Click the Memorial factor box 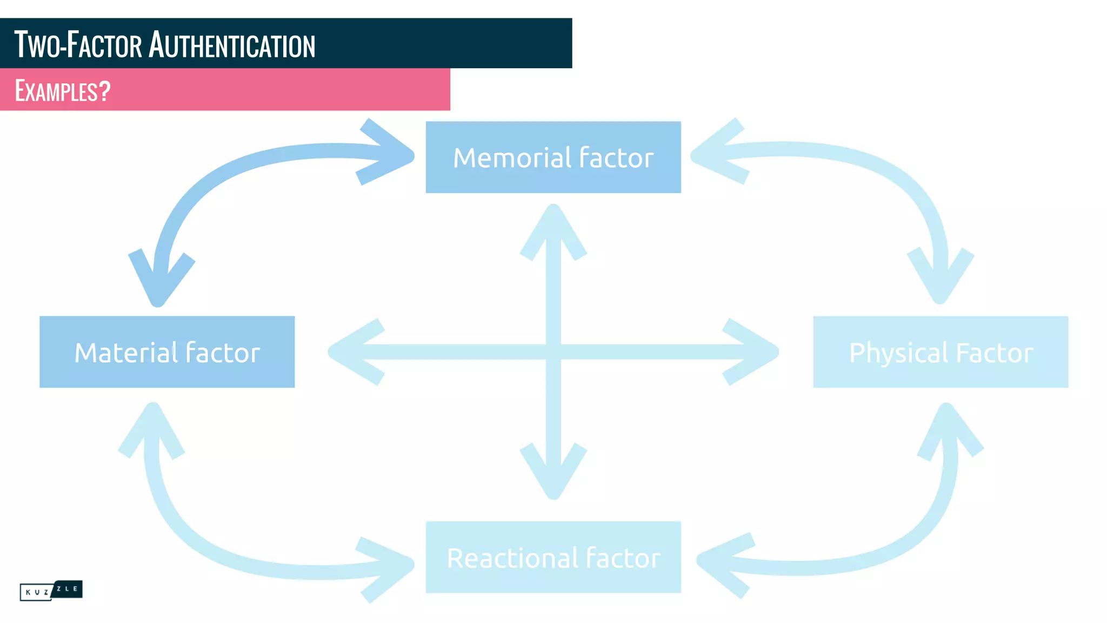[x=553, y=157]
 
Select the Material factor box [x=167, y=352]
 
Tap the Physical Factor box [x=941, y=352]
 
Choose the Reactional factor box [x=553, y=557]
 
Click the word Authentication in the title [x=232, y=45]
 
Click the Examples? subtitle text [x=63, y=90]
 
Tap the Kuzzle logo [x=51, y=590]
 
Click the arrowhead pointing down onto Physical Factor [x=940, y=279]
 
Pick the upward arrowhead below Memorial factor [x=553, y=230]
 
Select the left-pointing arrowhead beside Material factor [x=354, y=352]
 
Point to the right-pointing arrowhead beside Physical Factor [x=754, y=352]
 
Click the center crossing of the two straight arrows [x=553, y=352]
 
